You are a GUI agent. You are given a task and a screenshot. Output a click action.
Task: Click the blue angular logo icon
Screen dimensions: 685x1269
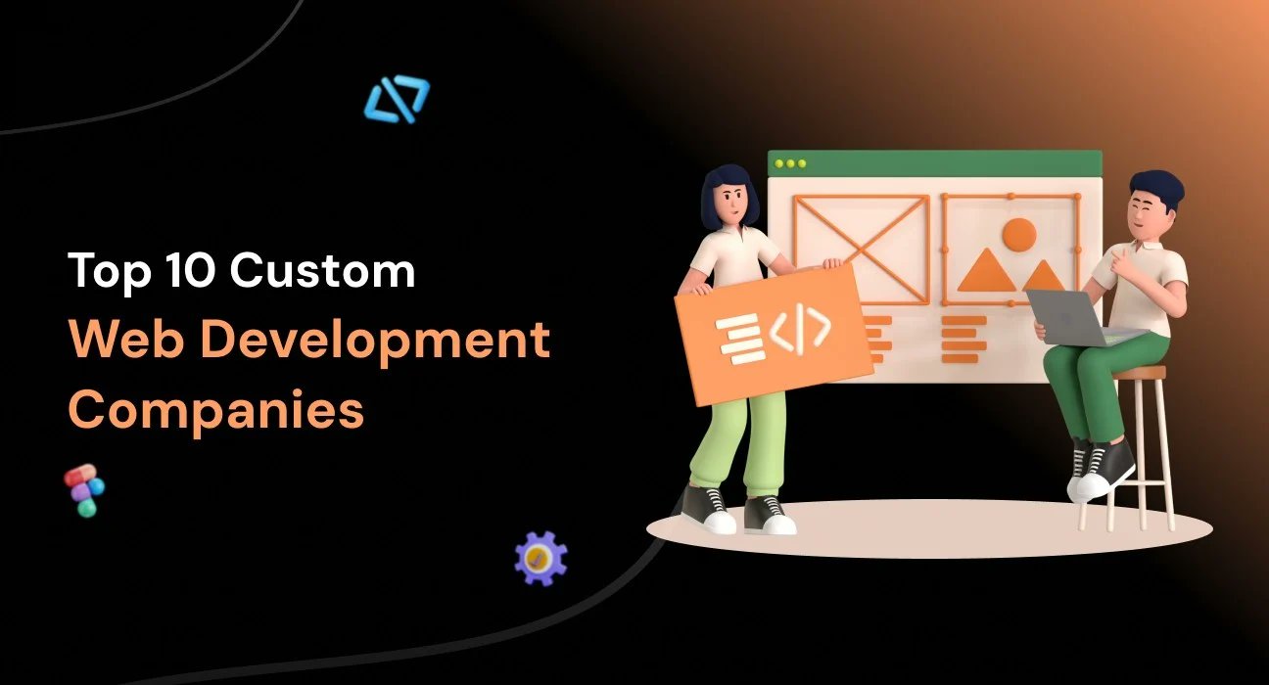[397, 100]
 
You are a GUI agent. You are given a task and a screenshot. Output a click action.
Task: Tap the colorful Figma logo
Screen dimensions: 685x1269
[84, 490]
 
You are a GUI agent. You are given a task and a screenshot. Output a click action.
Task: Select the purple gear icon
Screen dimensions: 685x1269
[540, 558]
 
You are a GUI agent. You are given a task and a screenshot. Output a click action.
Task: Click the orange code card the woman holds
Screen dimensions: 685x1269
[774, 333]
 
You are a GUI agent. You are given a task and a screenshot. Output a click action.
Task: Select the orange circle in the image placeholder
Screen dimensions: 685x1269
[1019, 235]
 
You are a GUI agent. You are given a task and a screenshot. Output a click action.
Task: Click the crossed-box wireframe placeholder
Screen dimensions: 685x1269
[861, 249]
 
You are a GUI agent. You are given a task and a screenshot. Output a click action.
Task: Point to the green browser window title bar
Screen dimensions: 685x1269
[935, 163]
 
